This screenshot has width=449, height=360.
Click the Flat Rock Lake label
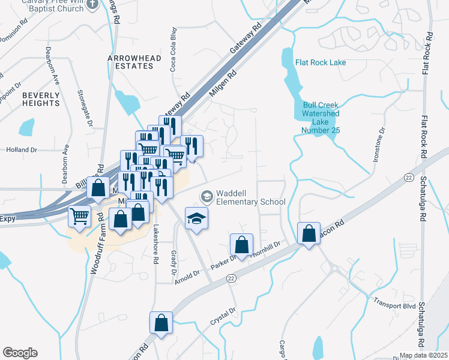click(320, 62)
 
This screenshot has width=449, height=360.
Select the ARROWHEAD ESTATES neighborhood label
click(130, 62)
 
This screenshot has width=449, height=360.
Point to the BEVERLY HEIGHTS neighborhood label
click(41, 99)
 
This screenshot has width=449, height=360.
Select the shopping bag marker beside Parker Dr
click(241, 245)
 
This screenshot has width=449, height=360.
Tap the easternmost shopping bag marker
click(309, 233)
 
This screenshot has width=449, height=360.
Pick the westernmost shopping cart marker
click(79, 216)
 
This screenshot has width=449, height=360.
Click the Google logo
click(20, 353)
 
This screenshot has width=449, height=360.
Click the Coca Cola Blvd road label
click(173, 58)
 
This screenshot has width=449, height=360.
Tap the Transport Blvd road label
click(394, 304)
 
